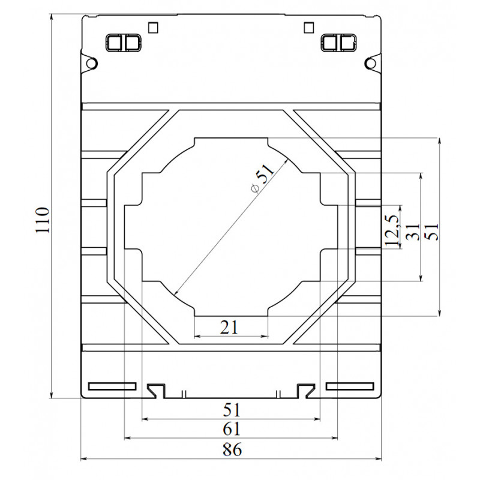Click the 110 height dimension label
pyautogui.click(x=43, y=220)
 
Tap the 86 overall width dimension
pyautogui.click(x=232, y=449)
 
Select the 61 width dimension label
pyautogui.click(x=232, y=429)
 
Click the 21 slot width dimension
pyautogui.click(x=229, y=327)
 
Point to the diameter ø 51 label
pyautogui.click(x=262, y=178)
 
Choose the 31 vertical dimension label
pyautogui.click(x=413, y=232)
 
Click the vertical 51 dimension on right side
pyautogui.click(x=432, y=232)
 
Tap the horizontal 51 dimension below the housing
pyautogui.click(x=232, y=410)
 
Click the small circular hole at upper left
pyautogui.click(x=91, y=64)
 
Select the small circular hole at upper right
pyautogui.click(x=371, y=64)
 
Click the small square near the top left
pyautogui.click(x=153, y=28)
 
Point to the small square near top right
pyautogui.click(x=309, y=28)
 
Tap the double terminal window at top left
pyautogui.click(x=124, y=43)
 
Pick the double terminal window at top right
pyautogui.click(x=339, y=43)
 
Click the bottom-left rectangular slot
pyautogui.click(x=112, y=386)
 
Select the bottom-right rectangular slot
pyautogui.click(x=350, y=386)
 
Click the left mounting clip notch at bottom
pyautogui.click(x=157, y=391)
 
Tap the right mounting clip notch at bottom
pyautogui.click(x=306, y=391)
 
